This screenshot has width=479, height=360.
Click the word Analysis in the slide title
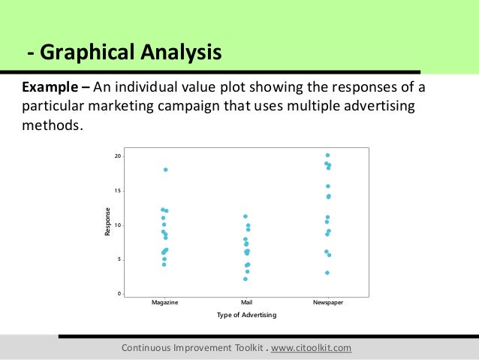(x=179, y=53)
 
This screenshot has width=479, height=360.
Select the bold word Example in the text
(x=50, y=87)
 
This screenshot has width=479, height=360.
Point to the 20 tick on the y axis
(x=118, y=156)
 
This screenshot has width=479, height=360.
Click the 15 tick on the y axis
(x=118, y=190)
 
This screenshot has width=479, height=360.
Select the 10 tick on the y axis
(x=118, y=225)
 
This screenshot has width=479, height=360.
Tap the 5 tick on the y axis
(x=119, y=259)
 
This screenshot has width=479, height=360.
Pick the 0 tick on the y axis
(x=119, y=293)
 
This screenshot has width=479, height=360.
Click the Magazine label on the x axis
(x=164, y=301)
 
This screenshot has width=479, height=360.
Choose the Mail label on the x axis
(x=246, y=301)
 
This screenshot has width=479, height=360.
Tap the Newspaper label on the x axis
(x=327, y=301)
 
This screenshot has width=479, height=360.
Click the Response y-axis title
(x=107, y=224)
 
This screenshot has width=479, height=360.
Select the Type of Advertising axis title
(x=246, y=315)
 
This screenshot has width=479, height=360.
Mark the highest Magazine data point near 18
(x=165, y=170)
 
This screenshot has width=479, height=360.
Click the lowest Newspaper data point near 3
(x=327, y=273)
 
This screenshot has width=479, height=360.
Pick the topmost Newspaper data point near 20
(x=328, y=156)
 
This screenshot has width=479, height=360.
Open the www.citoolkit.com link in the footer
(x=309, y=349)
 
